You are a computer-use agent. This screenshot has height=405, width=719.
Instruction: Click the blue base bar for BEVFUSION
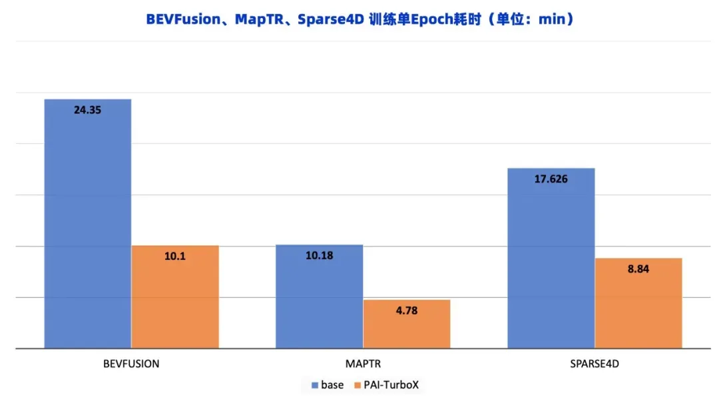tap(87, 226)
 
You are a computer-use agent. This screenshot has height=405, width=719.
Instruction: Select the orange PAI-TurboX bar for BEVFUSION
tap(175, 300)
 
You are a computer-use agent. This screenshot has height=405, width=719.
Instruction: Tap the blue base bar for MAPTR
tap(320, 300)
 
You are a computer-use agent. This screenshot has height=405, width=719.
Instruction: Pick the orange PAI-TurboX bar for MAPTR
tap(407, 326)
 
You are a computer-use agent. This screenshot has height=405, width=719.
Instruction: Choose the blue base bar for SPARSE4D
tap(551, 260)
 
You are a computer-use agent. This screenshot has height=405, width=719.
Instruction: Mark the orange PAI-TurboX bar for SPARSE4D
tap(638, 306)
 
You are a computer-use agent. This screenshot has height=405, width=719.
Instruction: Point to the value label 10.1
tap(175, 256)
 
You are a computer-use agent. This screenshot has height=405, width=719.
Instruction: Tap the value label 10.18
tap(320, 256)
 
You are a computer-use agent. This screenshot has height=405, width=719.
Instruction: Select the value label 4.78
tap(407, 310)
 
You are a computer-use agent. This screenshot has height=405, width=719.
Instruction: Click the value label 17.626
tap(551, 179)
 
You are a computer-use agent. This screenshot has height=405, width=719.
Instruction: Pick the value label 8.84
tap(638, 269)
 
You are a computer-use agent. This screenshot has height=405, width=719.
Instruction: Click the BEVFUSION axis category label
tap(131, 364)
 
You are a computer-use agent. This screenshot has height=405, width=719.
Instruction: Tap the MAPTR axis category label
tap(363, 364)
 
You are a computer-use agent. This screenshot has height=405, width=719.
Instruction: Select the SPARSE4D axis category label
tap(595, 364)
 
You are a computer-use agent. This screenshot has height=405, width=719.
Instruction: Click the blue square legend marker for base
tap(316, 385)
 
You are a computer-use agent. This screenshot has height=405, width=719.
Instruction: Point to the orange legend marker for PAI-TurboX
tap(358, 385)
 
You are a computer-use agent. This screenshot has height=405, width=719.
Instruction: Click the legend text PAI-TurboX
tap(391, 385)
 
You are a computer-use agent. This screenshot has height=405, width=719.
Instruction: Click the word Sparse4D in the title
tap(330, 19)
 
